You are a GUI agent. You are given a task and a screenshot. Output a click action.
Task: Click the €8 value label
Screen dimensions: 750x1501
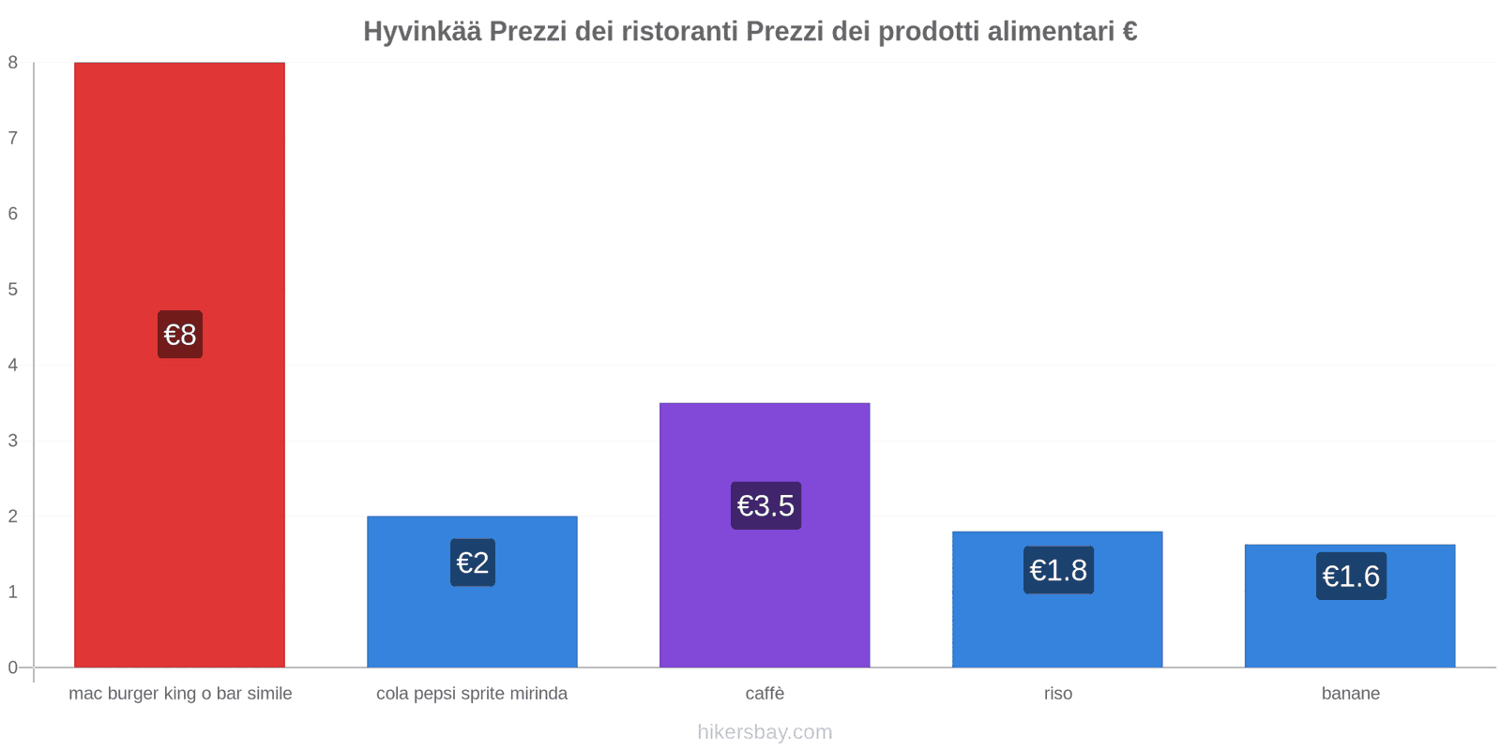180,335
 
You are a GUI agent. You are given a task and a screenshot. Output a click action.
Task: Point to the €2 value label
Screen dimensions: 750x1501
473,562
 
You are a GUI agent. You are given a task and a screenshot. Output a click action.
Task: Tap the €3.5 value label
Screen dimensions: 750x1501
766,506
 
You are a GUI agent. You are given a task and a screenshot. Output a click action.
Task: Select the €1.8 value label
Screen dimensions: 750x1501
1058,570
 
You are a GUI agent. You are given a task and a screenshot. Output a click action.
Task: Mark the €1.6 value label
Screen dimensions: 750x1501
1351,576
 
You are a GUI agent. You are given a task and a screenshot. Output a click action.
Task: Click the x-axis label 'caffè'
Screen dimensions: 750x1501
765,694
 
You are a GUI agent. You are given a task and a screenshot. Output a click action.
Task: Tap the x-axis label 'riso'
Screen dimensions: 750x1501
1057,694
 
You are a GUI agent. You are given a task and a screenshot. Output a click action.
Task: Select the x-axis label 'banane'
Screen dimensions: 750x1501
1350,694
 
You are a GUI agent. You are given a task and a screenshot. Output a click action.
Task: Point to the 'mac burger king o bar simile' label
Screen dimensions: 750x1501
180,694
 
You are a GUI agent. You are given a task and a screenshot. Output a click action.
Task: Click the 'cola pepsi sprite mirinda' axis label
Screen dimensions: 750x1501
472,694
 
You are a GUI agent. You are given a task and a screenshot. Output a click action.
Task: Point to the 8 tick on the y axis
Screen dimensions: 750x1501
13,63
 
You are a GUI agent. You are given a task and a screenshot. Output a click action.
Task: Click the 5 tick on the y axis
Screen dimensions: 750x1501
13,290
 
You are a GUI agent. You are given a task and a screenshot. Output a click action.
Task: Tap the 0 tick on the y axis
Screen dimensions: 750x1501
13,667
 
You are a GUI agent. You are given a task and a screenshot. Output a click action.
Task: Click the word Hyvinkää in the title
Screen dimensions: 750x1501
422,32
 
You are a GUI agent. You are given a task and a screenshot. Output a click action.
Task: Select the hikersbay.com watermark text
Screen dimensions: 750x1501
765,732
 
